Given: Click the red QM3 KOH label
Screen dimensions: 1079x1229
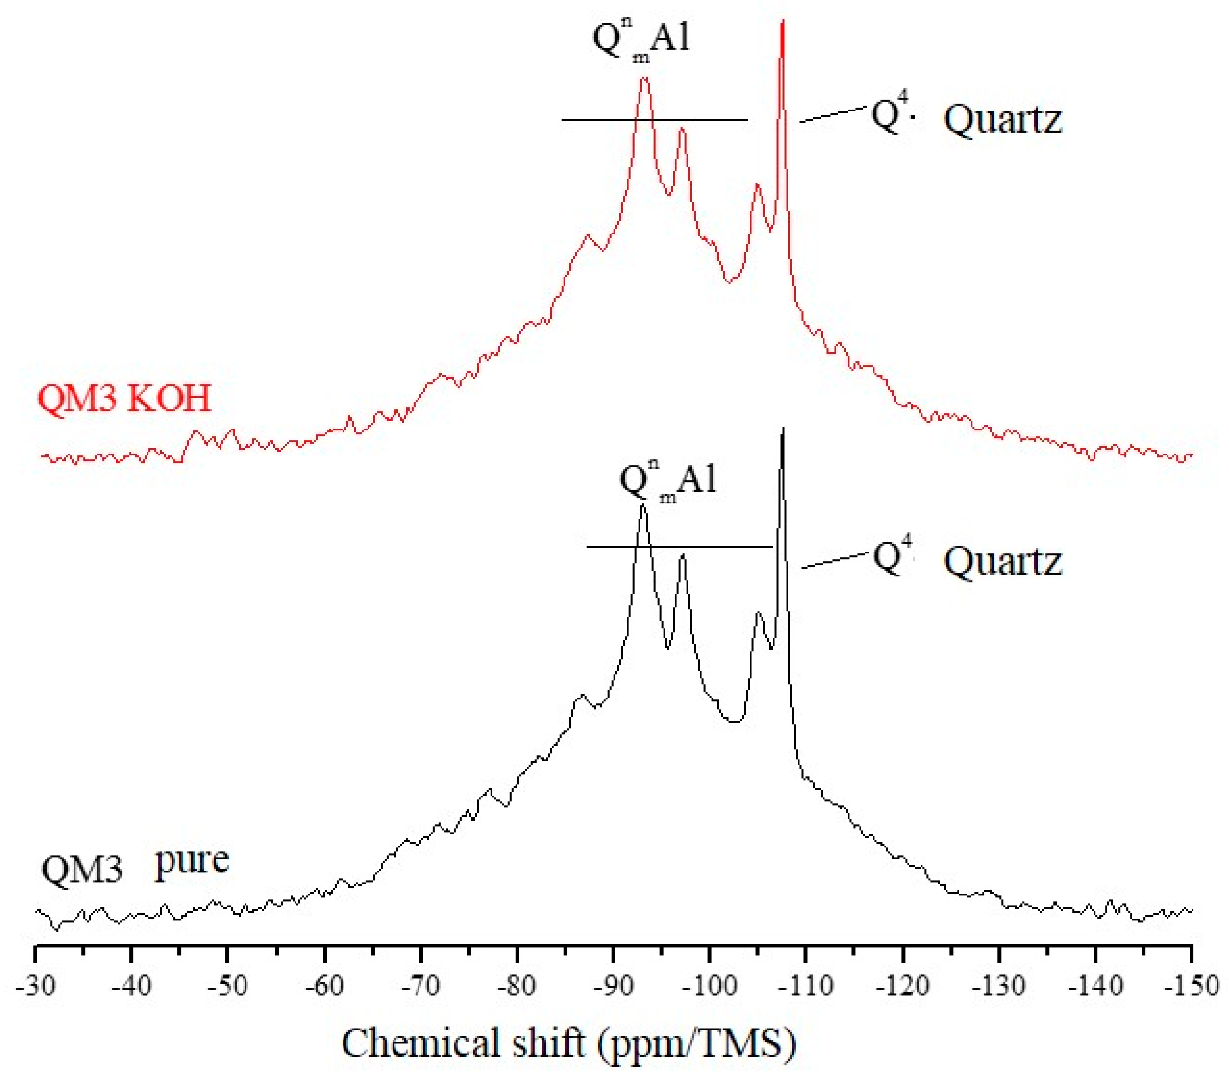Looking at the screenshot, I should (x=125, y=399).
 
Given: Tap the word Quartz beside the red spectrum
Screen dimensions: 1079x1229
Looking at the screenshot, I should (x=1002, y=119).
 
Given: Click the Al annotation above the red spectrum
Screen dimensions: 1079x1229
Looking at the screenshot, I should (x=670, y=37).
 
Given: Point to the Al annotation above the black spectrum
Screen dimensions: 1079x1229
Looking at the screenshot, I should (x=697, y=479).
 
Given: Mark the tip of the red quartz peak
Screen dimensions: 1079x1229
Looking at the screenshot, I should (x=782, y=22).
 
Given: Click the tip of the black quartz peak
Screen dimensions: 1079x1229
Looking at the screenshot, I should (x=783, y=428).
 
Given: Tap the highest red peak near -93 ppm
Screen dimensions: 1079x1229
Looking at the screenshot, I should (x=645, y=78).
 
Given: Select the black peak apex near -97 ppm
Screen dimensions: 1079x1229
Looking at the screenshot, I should (x=682, y=555).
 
